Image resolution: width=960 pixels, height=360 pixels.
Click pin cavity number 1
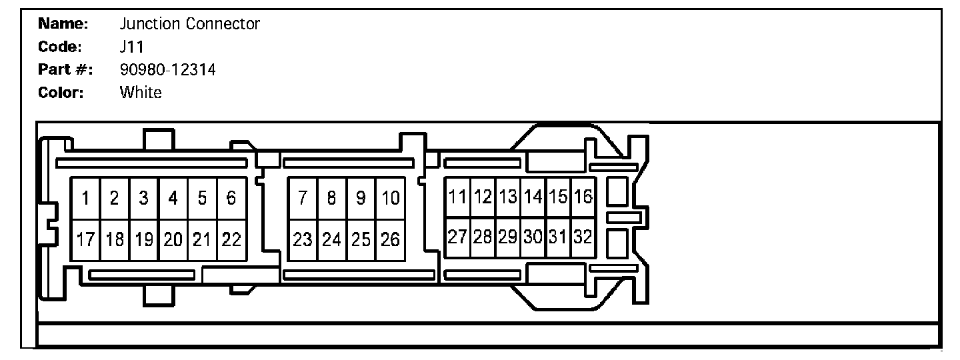click(x=86, y=198)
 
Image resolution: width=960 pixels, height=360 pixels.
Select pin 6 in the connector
click(x=231, y=198)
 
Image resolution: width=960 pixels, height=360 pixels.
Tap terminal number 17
click(x=86, y=240)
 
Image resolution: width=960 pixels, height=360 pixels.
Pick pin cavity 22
click(x=231, y=240)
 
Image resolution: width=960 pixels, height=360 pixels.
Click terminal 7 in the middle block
click(x=303, y=198)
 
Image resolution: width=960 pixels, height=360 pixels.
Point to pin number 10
click(x=391, y=198)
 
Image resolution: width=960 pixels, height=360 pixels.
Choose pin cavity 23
click(x=303, y=240)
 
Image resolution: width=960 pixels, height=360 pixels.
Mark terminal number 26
click(x=391, y=240)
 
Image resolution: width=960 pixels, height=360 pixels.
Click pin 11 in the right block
click(x=457, y=197)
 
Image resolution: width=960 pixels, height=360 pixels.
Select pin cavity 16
click(x=583, y=197)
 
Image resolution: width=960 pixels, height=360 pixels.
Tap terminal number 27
click(x=457, y=237)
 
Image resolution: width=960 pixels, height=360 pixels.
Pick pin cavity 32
click(x=583, y=237)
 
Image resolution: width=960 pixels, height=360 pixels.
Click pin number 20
click(x=173, y=240)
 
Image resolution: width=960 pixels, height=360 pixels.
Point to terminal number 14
click(x=533, y=197)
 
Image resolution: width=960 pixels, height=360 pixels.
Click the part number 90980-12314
click(x=167, y=69)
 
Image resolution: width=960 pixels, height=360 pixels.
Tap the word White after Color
click(x=141, y=93)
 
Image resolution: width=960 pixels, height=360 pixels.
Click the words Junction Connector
click(x=189, y=24)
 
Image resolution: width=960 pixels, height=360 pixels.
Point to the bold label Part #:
click(x=65, y=69)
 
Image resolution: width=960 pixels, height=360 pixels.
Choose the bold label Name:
click(x=63, y=24)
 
